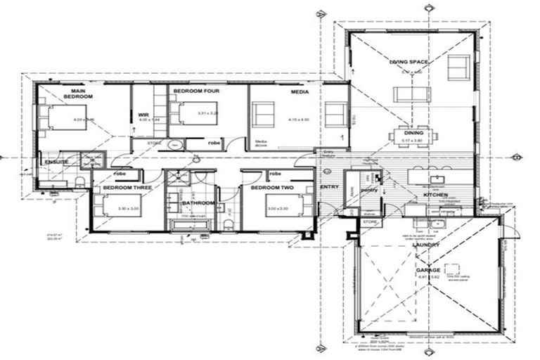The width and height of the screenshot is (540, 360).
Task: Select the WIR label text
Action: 143,115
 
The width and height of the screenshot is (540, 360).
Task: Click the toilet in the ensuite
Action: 79,182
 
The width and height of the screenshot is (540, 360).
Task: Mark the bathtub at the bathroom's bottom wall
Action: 191,225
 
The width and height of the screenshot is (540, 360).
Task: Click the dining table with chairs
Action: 414,135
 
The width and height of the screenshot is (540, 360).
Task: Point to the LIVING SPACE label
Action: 409,63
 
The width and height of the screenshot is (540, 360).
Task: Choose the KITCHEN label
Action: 436,194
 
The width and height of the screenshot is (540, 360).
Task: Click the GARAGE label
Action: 427,270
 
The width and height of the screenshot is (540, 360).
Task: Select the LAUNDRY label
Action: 427,245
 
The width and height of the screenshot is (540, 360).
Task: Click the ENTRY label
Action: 329,187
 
